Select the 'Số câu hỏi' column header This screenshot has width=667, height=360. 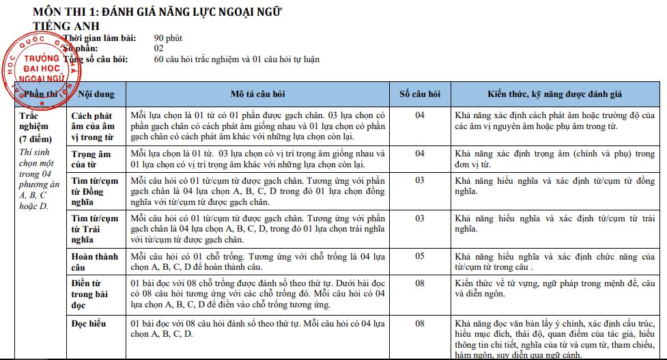(420, 94)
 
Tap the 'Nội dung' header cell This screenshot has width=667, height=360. (96, 94)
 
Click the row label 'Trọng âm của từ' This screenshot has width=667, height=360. (91, 159)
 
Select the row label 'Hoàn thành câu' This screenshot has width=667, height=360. (92, 262)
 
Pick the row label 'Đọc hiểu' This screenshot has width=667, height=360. (89, 323)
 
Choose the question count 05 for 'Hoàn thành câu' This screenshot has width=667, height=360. (420, 256)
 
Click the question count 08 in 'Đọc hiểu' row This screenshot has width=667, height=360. (420, 323)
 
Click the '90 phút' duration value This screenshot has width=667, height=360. (168, 38)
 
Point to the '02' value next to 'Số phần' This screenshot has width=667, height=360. (158, 49)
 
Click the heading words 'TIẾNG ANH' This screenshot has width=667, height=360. (66, 25)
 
